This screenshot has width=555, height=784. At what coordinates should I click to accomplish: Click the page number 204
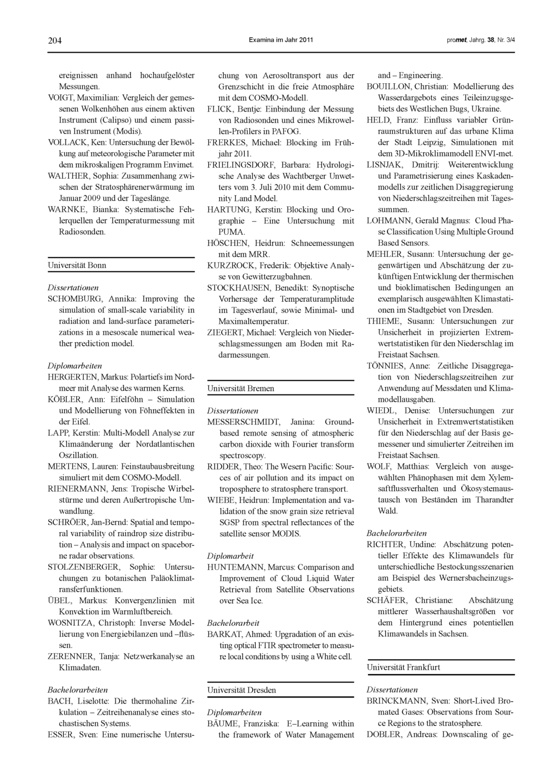coord(54,41)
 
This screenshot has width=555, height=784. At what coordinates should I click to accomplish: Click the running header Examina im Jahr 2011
coord(281,41)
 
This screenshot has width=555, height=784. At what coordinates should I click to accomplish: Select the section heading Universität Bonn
coord(77,265)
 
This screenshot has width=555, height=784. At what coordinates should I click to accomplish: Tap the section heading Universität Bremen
coord(241,388)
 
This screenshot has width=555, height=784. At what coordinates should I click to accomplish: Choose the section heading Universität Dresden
coord(241,690)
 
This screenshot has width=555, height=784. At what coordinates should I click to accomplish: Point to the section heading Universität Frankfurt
coord(403,667)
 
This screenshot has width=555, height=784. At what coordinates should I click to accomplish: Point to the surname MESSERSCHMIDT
coord(244,422)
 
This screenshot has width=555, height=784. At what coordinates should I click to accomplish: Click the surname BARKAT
coord(224,634)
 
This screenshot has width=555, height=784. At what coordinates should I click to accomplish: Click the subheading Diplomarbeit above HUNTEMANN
coord(230,556)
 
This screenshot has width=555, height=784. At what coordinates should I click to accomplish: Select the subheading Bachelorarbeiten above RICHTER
coord(397,533)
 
